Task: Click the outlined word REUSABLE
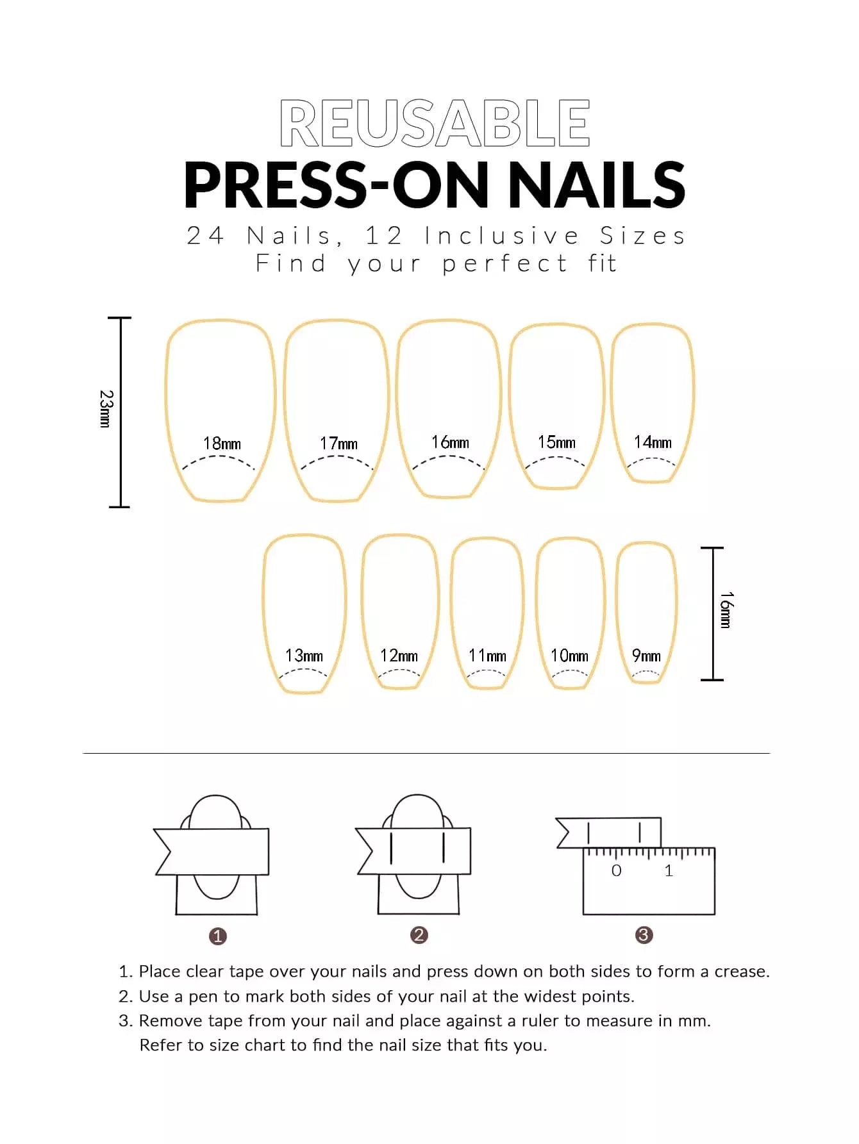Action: coord(435,123)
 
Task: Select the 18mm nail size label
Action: coord(222,443)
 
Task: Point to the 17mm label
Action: coord(338,443)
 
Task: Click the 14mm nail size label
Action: coord(653,442)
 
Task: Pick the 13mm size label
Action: coord(304,655)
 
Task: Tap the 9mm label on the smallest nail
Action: coord(646,655)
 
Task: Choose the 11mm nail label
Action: coord(487,655)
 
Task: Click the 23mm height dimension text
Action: coord(106,409)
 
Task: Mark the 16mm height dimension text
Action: coord(726,609)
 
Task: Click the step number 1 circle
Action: coord(218,936)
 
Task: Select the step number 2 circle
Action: coord(419,935)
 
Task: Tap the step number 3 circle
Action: coord(644,935)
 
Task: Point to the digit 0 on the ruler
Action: coord(616,870)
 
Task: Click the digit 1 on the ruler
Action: coord(669,870)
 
